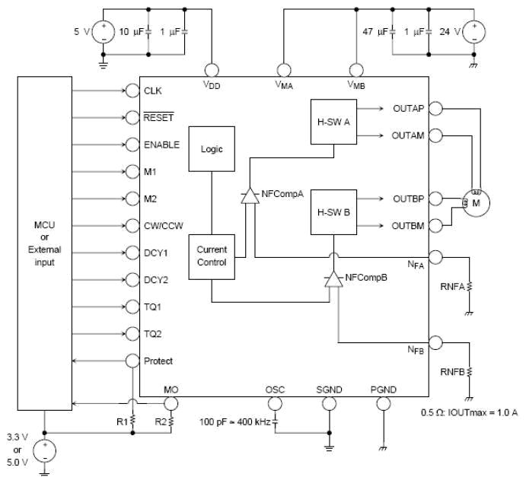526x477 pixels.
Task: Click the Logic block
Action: (x=211, y=149)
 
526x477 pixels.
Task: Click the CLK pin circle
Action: (x=132, y=91)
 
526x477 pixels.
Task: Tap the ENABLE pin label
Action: (x=161, y=145)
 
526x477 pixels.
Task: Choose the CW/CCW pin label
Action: (x=164, y=226)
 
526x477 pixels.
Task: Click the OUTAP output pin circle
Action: (x=435, y=108)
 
